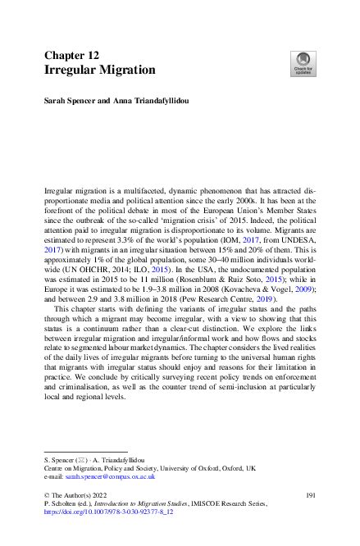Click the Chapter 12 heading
[72, 55]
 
